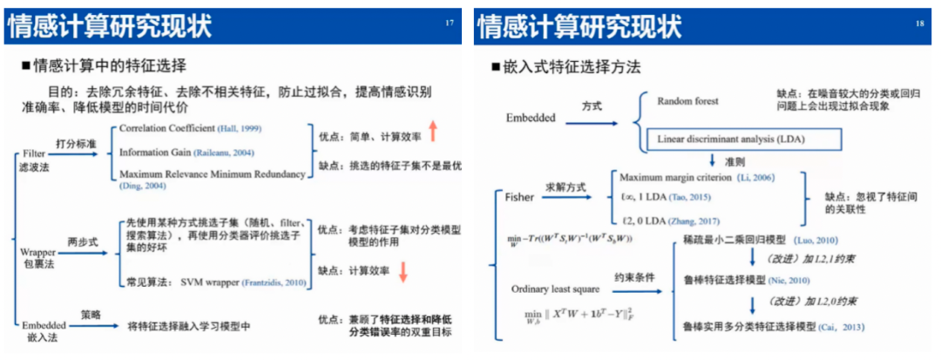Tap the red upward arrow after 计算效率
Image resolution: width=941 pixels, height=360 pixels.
[x=432, y=131]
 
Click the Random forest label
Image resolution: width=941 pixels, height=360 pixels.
[x=687, y=100]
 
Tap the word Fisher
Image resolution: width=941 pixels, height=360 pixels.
[x=519, y=197]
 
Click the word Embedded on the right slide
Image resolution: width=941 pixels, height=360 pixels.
[x=530, y=117]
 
